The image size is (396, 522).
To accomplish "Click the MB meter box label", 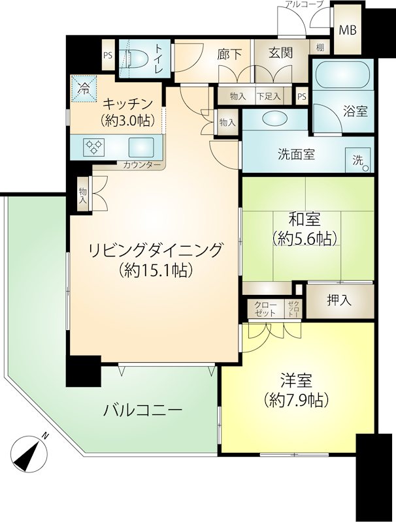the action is coord(348,31).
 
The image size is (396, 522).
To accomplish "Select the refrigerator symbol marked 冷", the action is coord(84,89).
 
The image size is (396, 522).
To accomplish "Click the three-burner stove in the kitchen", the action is coord(93,147).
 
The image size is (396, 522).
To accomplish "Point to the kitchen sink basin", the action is coord(141,147).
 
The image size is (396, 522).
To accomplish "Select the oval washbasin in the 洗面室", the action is coord(274,118).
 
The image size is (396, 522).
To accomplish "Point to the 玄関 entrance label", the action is coord(281,53).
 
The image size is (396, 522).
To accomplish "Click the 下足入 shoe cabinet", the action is coord(269,97).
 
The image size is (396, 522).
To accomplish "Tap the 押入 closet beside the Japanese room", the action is coord(340,301).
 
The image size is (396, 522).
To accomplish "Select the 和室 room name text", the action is coord(305,219).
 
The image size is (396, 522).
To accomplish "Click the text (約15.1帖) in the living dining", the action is coord(156,269).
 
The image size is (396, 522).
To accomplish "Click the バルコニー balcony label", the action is coord(142,410).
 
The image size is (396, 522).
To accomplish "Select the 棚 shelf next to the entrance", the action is coord(320,47).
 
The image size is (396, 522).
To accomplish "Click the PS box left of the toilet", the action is coord(108,55).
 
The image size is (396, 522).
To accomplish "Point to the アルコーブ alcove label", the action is coord(304,4).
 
